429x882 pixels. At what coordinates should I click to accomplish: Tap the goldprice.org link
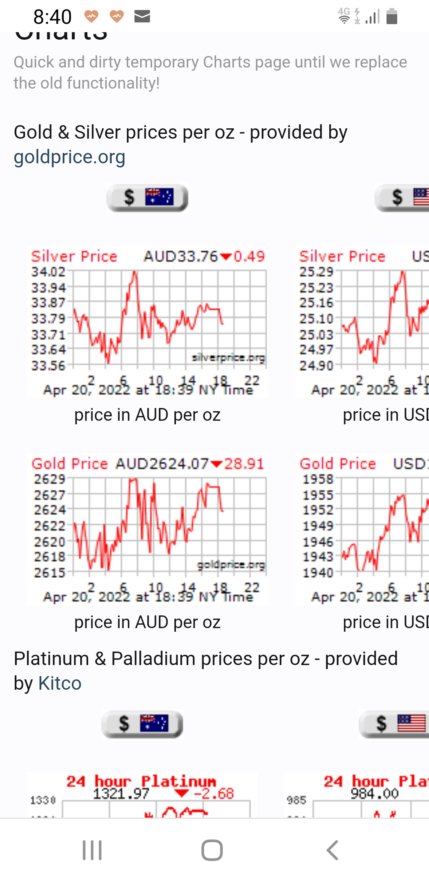pyautogui.click(x=70, y=157)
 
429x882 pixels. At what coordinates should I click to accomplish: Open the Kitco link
pyautogui.click(x=60, y=683)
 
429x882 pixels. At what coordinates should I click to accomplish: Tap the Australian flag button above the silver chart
pyautogui.click(x=147, y=197)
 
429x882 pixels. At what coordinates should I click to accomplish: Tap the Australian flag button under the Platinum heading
pyautogui.click(x=142, y=723)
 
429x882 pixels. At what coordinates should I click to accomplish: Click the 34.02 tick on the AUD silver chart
pyautogui.click(x=48, y=272)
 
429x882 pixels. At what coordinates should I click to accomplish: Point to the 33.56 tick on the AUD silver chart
pyautogui.click(x=48, y=366)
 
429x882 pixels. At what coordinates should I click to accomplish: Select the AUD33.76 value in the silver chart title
pyautogui.click(x=181, y=257)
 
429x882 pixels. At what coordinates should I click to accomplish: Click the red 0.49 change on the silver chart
pyautogui.click(x=249, y=257)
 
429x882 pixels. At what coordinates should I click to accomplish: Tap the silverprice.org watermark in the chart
pyautogui.click(x=228, y=358)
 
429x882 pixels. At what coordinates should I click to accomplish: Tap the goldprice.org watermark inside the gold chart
pyautogui.click(x=231, y=565)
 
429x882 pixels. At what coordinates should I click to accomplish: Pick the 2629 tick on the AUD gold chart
pyautogui.click(x=49, y=479)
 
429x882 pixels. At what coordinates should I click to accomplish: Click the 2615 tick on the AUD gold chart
pyautogui.click(x=49, y=573)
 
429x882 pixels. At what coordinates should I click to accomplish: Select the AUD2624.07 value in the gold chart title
pyautogui.click(x=162, y=464)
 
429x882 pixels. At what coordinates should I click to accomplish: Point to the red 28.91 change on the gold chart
pyautogui.click(x=244, y=464)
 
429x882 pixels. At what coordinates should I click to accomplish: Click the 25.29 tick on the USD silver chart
pyautogui.click(x=316, y=272)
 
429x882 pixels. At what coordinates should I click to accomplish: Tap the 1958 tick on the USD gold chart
pyautogui.click(x=318, y=479)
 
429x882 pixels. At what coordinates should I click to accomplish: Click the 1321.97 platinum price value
pyautogui.click(x=121, y=794)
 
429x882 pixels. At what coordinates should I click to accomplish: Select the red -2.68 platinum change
pyautogui.click(x=214, y=794)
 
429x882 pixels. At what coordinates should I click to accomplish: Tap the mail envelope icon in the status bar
pyautogui.click(x=142, y=16)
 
